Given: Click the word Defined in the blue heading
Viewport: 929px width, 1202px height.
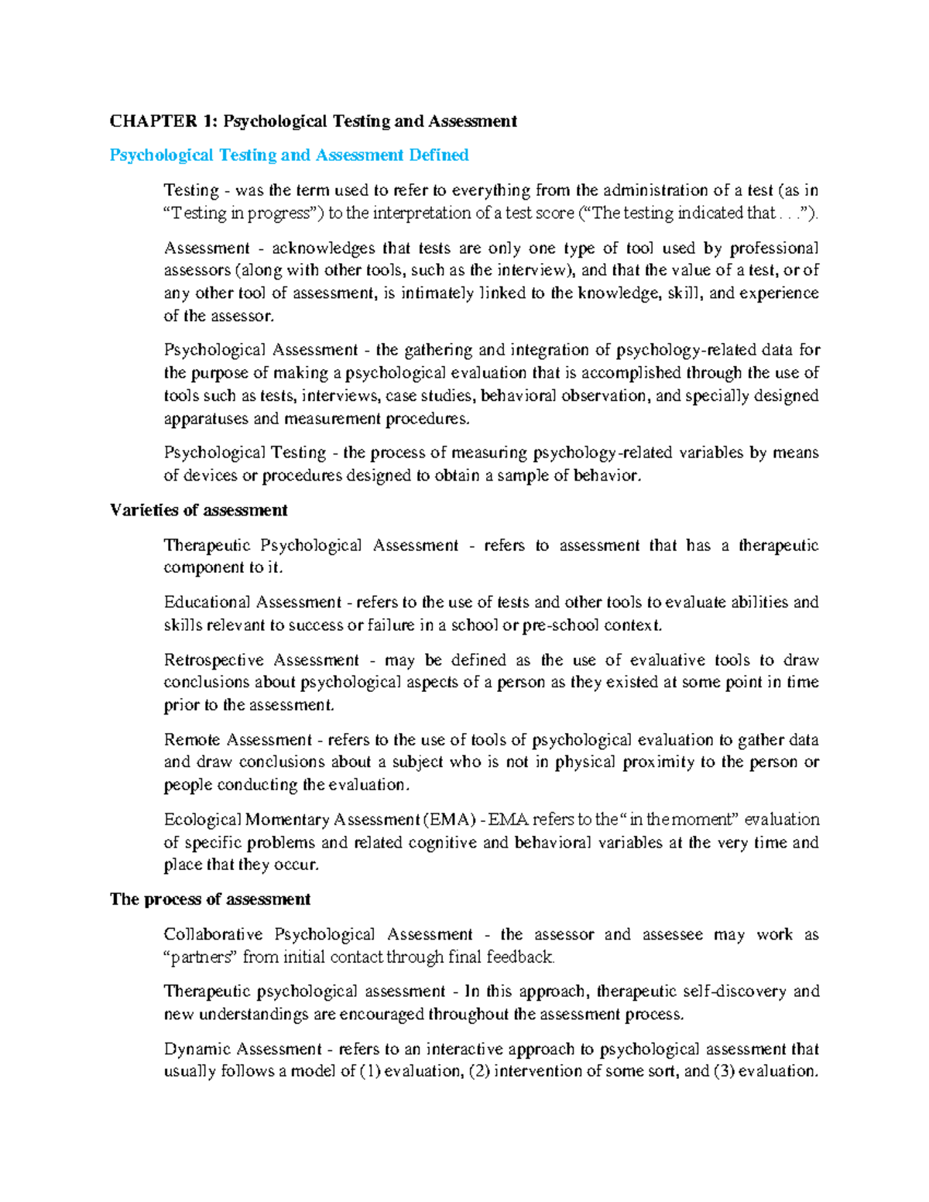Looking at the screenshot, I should point(439,155).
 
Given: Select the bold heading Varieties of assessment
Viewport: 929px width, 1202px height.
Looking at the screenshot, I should point(198,510).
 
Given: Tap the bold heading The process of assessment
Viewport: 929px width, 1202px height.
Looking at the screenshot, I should point(210,899).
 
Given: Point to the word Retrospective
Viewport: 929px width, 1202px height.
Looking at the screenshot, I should point(214,660).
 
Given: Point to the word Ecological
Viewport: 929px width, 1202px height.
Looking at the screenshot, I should point(202,820).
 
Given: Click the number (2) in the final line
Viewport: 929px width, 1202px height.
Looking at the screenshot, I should point(479,1072).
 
